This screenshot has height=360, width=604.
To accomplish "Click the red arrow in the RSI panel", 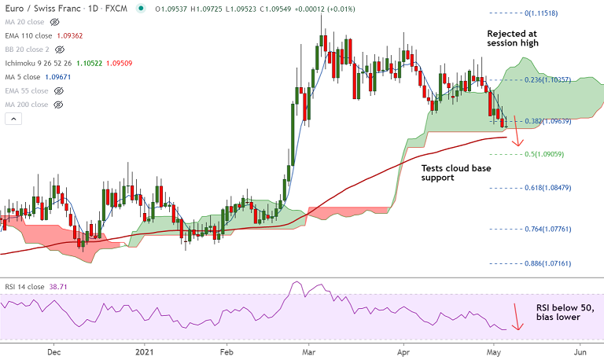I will point(516,317).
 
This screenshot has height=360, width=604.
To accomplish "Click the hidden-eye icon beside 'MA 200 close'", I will point(57,105).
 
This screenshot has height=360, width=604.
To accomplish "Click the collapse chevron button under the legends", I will point(13,119).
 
